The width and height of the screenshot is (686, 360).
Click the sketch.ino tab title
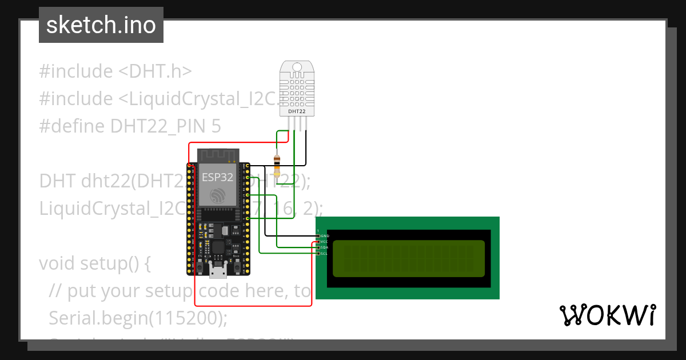tap(101, 25)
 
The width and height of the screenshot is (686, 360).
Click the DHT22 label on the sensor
tap(296, 111)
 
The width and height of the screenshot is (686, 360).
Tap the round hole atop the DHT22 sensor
tap(296, 67)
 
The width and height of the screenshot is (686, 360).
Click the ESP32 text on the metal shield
tap(217, 177)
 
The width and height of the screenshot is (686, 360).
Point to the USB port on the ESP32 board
tap(218, 271)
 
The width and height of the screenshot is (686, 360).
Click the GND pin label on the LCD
tap(324, 235)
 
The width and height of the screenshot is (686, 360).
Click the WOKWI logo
tap(607, 315)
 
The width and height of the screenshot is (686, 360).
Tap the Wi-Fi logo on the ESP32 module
tap(218, 197)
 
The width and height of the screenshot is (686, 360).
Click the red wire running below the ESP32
tap(252, 306)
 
